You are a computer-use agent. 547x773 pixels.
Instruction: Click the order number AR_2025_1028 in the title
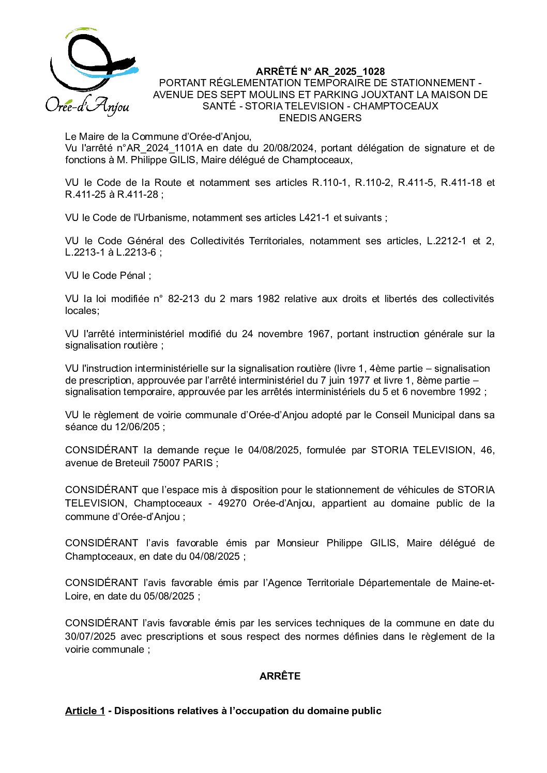pos(350,71)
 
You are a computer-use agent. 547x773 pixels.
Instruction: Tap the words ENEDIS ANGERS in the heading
pos(320,118)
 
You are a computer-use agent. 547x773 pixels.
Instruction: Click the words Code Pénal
pos(121,275)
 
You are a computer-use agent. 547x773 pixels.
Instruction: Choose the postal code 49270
pos(230,503)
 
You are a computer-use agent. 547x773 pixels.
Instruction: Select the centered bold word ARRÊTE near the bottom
pos(280,676)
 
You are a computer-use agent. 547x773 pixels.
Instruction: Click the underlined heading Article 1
pos(85,711)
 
